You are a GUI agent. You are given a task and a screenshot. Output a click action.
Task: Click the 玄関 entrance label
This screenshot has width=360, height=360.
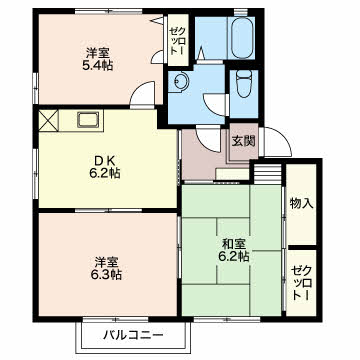(244, 141)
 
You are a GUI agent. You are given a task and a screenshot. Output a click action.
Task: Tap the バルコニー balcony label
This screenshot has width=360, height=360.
(133, 334)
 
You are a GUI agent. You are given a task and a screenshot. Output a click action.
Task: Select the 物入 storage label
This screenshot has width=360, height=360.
(301, 203)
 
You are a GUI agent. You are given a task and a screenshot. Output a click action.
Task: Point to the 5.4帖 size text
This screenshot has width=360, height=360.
(97, 65)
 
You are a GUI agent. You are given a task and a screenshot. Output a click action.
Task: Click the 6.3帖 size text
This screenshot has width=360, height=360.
(106, 275)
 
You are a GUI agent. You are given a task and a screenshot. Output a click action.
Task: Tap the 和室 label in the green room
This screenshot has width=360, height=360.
(234, 244)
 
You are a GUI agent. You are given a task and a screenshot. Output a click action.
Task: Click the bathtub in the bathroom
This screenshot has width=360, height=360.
(242, 37)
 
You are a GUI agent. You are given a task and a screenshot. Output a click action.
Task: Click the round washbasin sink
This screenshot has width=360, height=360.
(181, 82)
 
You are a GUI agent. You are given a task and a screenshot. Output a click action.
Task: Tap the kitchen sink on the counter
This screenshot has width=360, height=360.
(88, 120)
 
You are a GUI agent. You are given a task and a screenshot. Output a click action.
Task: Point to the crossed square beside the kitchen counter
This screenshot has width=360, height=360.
(49, 120)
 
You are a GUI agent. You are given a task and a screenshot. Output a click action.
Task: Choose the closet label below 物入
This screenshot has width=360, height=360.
(301, 283)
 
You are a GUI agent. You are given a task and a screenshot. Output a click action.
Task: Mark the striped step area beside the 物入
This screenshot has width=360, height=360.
(268, 173)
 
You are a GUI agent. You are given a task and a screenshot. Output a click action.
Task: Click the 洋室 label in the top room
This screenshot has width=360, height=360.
(97, 53)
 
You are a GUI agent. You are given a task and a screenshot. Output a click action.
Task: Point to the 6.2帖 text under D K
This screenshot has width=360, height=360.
(105, 173)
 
